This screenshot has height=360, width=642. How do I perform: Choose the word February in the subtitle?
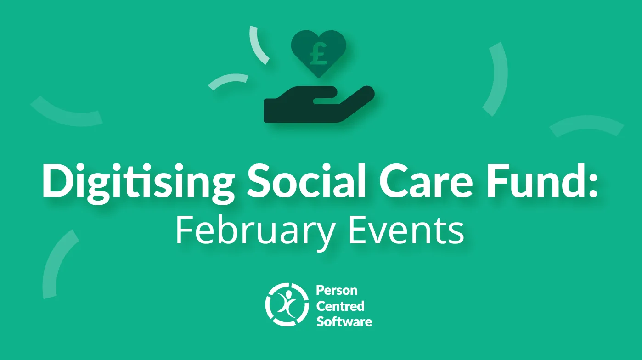click(254, 233)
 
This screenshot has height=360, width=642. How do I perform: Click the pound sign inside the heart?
click(318, 54)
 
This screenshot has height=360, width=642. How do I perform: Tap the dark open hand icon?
click(319, 104)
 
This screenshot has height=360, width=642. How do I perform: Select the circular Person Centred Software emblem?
click(287, 304)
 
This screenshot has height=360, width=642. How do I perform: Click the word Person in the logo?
click(337, 290)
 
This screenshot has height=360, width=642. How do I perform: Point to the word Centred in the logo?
click(340, 306)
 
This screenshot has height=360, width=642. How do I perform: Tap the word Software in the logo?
click(344, 321)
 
